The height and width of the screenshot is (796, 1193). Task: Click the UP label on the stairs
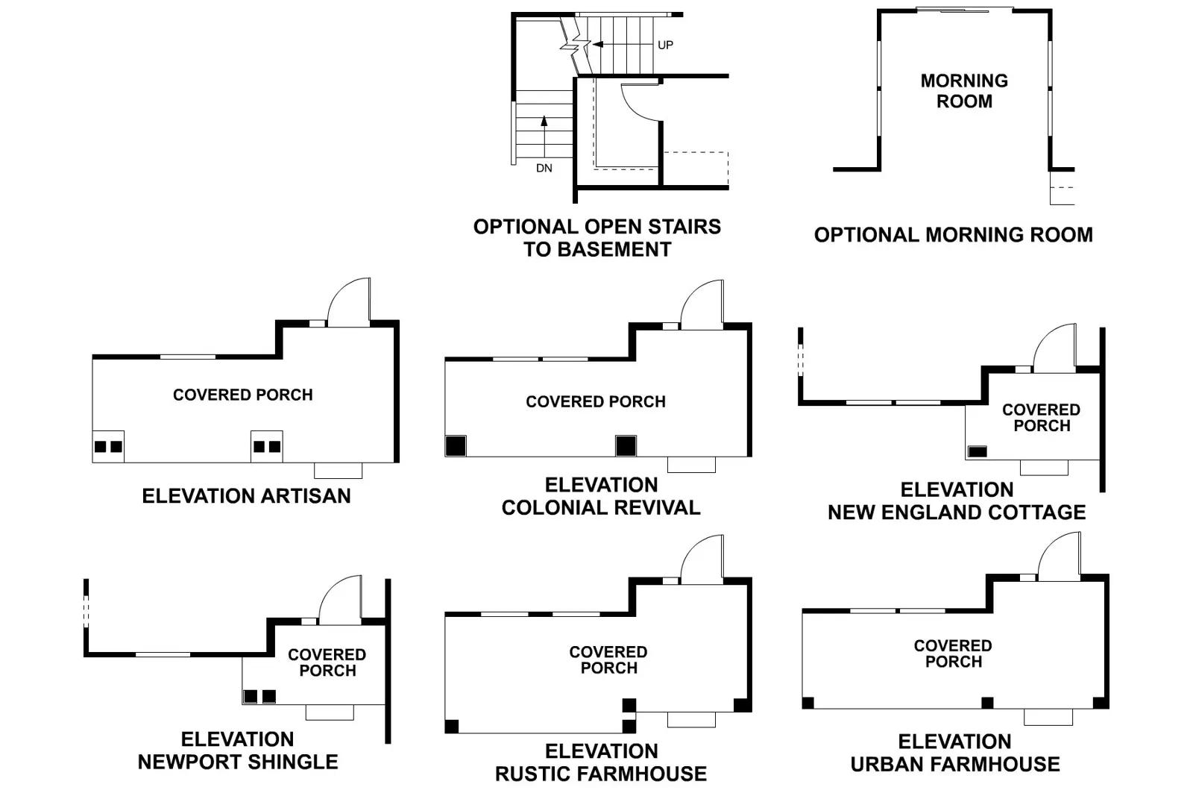pos(665,45)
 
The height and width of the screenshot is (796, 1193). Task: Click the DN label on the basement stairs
pos(544,169)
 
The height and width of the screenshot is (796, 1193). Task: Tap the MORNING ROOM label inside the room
pos(964,91)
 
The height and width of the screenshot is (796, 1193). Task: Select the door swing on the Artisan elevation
pos(349,301)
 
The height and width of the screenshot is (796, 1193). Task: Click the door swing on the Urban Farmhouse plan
pos(1059,557)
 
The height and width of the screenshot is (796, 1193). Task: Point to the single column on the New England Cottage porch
pos(978,451)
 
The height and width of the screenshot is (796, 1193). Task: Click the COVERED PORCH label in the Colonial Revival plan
pos(596,402)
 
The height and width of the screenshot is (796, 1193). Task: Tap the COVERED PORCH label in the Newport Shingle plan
pos(327,662)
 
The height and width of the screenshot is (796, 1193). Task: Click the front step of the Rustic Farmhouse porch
pos(691,720)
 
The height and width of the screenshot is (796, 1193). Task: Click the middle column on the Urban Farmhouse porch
pos(987,703)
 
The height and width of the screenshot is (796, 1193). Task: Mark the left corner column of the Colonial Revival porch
pos(456,446)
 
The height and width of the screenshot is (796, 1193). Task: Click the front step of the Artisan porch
pos(338,471)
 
